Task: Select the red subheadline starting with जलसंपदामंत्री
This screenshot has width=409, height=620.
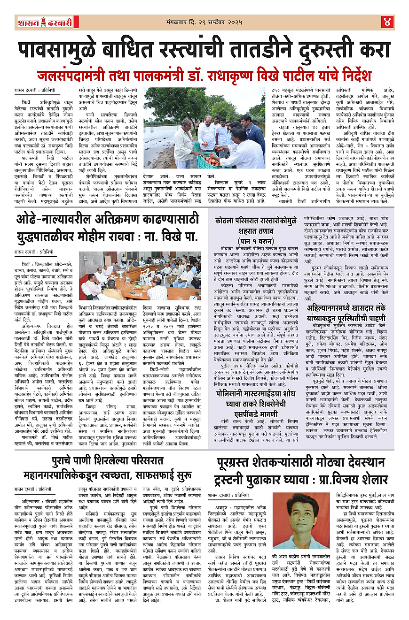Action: (x=204, y=75)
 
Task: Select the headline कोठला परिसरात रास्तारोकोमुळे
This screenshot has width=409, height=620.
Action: (x=256, y=221)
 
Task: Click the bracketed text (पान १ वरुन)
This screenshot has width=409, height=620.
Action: (x=256, y=240)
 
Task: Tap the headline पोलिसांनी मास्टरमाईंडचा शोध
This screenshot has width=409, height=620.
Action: (x=256, y=393)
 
